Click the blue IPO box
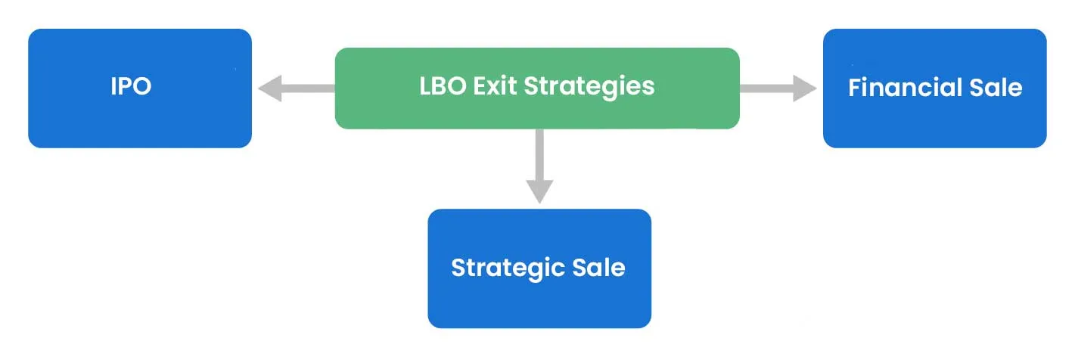tap(140, 88)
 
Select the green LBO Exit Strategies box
tap(536, 88)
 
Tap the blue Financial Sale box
tap(934, 88)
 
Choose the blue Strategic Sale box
tap(539, 268)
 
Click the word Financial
tap(893, 88)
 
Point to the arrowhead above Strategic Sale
tap(539, 192)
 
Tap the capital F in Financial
tap(854, 88)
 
